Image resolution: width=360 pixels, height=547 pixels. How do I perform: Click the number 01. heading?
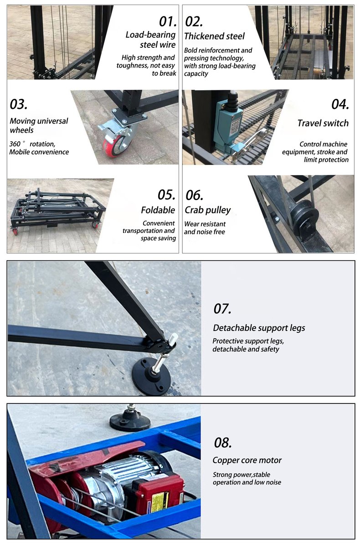click(x=167, y=21)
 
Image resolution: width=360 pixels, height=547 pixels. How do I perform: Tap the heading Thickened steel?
click(x=214, y=36)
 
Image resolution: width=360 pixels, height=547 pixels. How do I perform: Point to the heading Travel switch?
click(x=323, y=123)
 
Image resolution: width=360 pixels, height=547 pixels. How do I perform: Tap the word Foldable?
click(x=158, y=210)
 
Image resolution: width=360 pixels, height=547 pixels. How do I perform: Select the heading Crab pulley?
click(x=207, y=210)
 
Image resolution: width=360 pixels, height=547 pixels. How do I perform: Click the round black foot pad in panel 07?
click(x=151, y=377)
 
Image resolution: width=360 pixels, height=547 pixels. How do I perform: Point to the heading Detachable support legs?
click(x=259, y=328)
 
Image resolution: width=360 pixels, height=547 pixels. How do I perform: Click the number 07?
click(x=222, y=309)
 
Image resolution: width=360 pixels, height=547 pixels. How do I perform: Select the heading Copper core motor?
click(x=247, y=460)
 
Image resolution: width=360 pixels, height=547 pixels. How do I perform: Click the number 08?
click(x=223, y=442)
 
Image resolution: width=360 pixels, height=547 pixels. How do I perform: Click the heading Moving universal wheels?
click(x=39, y=125)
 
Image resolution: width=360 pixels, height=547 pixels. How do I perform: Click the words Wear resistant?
click(x=205, y=224)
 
